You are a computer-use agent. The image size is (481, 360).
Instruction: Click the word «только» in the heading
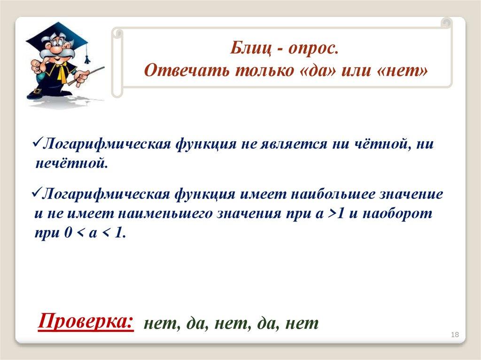tap(265, 70)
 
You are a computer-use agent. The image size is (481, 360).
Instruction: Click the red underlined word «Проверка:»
tap(86, 321)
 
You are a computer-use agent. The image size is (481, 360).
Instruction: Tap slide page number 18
tap(455, 335)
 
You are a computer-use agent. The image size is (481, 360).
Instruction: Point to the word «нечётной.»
tap(72, 163)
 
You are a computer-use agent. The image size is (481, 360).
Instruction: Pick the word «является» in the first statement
tap(294, 144)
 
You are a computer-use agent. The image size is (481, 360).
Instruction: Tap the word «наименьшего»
tap(165, 214)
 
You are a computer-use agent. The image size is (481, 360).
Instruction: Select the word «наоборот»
tap(397, 213)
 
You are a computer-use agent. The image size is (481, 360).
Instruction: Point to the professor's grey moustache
tap(57, 53)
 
